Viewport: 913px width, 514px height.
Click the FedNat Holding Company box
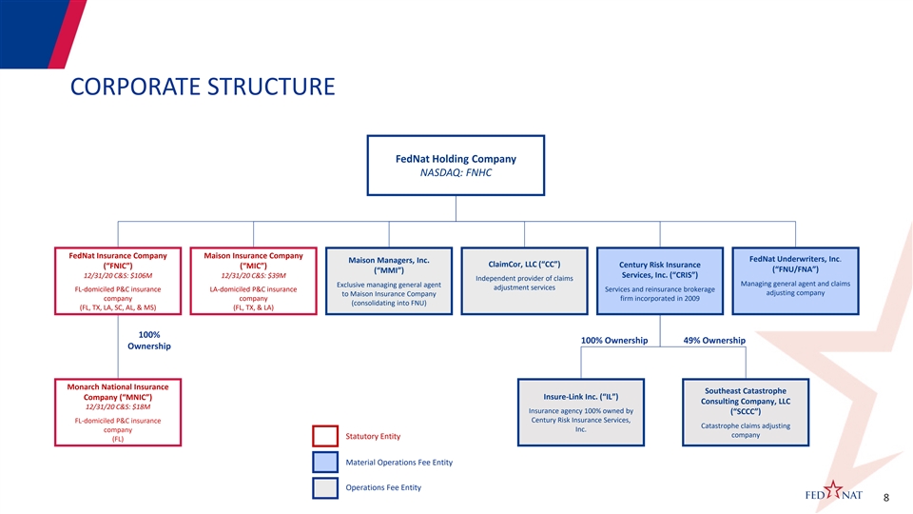point(456,166)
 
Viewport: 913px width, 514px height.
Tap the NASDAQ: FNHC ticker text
point(456,172)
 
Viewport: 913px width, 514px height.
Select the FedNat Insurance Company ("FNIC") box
point(118,281)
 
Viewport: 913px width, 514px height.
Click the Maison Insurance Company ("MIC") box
point(253,281)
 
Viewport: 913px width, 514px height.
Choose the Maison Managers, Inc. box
point(389,281)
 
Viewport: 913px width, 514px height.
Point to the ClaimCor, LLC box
point(525,281)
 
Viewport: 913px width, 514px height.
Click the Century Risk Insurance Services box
point(660,281)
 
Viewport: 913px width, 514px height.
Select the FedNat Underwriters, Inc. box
point(795,281)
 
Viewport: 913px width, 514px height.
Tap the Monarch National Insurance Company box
point(118,412)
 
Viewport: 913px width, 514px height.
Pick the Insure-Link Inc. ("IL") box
point(581,412)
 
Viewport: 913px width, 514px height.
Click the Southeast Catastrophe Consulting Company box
point(746,412)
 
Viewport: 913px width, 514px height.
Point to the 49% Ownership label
point(714,341)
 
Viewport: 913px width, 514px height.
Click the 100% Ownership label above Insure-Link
point(614,341)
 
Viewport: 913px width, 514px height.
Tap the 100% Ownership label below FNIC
point(149,341)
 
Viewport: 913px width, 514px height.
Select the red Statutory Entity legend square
point(325,437)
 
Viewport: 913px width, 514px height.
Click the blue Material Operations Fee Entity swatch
point(325,463)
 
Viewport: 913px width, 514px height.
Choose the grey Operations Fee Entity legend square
point(325,487)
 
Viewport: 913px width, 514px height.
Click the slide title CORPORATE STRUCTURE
point(203,87)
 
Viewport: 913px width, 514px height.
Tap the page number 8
point(886,498)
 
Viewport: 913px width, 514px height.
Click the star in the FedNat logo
point(833,490)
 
